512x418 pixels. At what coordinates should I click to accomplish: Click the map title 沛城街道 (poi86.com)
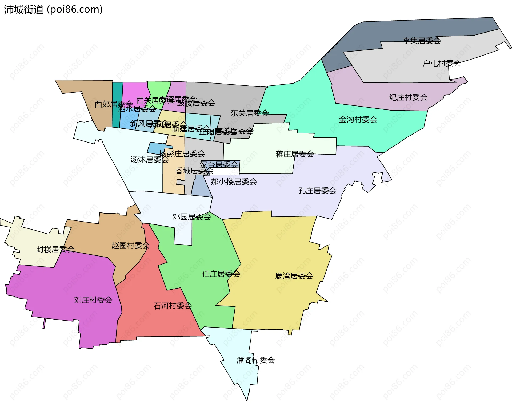pos(53,10)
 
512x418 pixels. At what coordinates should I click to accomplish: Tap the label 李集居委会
pos(421,41)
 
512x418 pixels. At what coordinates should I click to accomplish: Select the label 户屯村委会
pos(442,64)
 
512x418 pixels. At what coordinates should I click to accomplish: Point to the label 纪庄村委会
pos(408,97)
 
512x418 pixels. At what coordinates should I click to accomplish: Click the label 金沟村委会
pos(358,120)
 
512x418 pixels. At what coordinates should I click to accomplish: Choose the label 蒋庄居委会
pos(295,154)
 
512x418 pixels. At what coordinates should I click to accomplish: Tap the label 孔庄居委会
pos(317,191)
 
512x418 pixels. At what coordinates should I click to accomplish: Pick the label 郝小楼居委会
pos(234,182)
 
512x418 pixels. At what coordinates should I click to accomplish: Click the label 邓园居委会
pos(191,217)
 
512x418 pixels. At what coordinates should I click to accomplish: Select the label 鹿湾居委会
pos(294,276)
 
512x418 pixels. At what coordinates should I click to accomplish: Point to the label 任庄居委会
pos(221,274)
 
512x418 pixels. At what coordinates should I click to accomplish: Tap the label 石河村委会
pos(173,306)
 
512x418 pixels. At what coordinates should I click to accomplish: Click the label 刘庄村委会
pos(93,300)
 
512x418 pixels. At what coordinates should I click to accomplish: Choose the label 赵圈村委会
pos(130,245)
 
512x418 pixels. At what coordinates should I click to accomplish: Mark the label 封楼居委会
pos(55,249)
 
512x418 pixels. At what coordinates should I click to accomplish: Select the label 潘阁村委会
pos(255,360)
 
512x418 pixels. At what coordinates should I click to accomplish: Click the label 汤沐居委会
pos(149,160)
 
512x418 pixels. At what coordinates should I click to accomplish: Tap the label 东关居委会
pos(249,113)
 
